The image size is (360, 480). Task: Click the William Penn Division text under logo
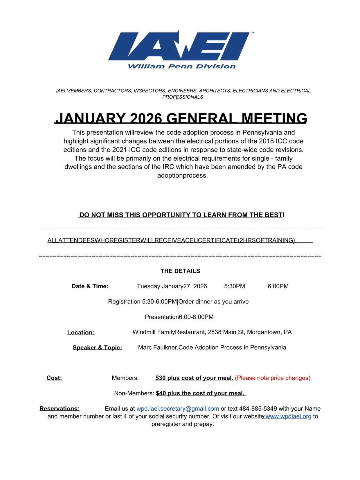[x=181, y=66]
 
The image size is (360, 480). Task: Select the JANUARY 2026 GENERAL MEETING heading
[x=181, y=118]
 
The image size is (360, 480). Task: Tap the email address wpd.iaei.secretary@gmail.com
[x=178, y=409]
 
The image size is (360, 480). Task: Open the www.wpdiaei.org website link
[x=288, y=416]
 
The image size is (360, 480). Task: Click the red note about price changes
[x=273, y=378]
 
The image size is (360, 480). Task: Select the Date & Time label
[x=90, y=286]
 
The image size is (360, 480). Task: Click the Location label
[x=81, y=332]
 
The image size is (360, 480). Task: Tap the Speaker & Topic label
[x=97, y=348]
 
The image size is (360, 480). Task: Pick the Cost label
[x=54, y=378]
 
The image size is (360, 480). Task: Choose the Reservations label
[x=60, y=409]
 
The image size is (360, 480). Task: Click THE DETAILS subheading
[x=180, y=271]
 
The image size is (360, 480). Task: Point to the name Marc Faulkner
[x=158, y=347]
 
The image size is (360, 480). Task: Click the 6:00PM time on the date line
[x=278, y=286]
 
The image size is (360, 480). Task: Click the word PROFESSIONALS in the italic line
[x=183, y=97]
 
